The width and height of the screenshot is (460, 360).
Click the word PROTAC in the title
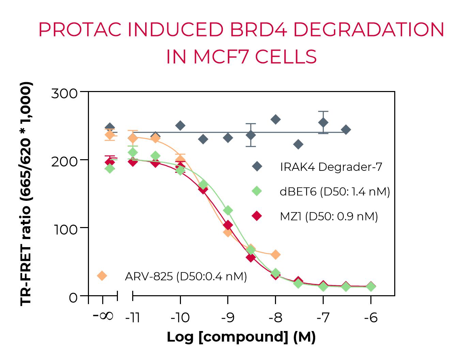(80, 30)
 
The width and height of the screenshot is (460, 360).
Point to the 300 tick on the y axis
(64, 93)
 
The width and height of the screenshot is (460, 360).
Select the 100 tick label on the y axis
(64, 229)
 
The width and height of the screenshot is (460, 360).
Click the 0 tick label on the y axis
(73, 298)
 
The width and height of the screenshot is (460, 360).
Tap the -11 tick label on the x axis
(133, 318)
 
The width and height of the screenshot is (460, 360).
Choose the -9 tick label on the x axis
(228, 318)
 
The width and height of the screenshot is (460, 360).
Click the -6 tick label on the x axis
(371, 318)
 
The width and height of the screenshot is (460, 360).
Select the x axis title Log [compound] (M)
(241, 337)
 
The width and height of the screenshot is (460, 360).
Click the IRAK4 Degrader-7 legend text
(331, 167)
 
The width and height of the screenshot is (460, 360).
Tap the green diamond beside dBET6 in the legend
(257, 191)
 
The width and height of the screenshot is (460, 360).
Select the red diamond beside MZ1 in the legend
(257, 216)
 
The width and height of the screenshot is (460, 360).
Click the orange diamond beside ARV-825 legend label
(102, 276)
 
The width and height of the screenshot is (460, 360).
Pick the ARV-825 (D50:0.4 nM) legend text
(186, 276)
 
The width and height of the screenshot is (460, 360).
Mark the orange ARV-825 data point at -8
(276, 254)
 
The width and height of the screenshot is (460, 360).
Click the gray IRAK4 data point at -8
(276, 119)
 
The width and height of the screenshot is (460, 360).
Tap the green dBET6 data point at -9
(228, 210)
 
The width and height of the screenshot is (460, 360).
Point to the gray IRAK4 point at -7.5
(298, 144)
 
